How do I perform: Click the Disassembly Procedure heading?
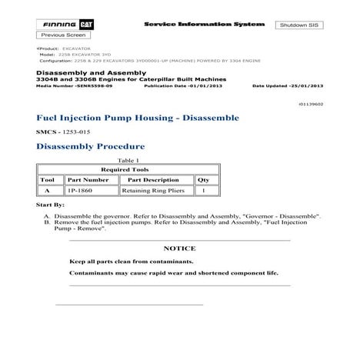click(90, 146)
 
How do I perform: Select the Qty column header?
click(203, 178)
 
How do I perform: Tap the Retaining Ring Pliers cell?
click(152, 190)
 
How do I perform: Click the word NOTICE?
click(179, 248)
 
